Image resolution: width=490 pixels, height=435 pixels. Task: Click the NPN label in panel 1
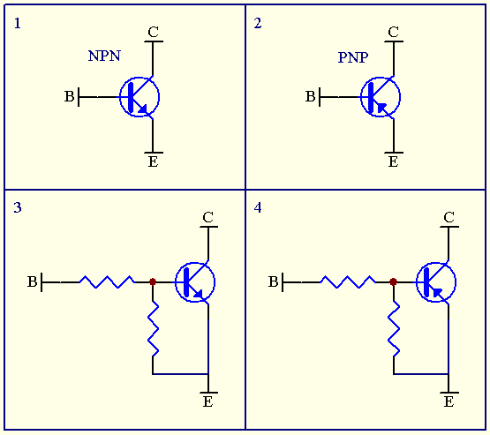[104, 56]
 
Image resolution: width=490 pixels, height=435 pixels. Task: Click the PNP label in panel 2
[353, 57]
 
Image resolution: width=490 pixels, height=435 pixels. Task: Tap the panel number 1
[18, 24]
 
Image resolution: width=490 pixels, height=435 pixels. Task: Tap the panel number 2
[258, 24]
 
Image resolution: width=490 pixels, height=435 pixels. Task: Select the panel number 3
[18, 208]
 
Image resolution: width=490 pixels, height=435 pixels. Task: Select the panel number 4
[258, 208]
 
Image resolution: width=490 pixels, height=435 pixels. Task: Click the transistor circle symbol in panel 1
[139, 97]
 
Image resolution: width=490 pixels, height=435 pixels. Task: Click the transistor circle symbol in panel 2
[381, 96]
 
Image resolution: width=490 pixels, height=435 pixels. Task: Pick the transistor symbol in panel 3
[195, 282]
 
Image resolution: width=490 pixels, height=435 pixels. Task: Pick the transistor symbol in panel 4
[435, 282]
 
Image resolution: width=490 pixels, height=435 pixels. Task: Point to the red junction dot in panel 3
[153, 282]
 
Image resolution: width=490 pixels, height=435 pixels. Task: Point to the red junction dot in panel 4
[393, 282]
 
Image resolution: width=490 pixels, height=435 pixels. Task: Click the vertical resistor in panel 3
[154, 328]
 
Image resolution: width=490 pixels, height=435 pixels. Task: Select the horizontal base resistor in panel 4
[347, 282]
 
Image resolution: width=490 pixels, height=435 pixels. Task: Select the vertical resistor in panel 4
[394, 328]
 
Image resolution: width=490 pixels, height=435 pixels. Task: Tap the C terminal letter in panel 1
[153, 33]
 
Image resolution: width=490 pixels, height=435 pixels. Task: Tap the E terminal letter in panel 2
[393, 162]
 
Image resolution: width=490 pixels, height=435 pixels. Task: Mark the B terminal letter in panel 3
[32, 282]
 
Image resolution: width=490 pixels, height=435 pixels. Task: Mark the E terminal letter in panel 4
[449, 402]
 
